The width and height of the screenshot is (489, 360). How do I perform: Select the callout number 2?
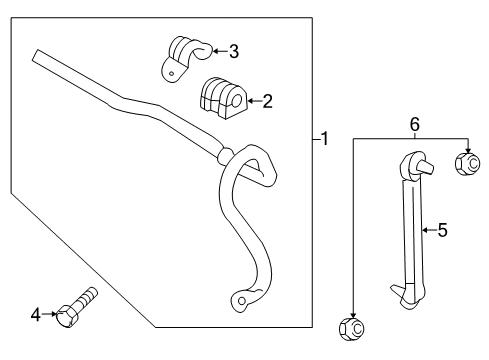pos(268,100)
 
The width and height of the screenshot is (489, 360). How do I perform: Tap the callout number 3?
pos(233,51)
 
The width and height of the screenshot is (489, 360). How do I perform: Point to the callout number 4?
pos(36,315)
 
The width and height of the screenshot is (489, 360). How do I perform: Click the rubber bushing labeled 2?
pos(223,97)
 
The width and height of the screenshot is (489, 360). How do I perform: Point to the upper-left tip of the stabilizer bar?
pos(37,54)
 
